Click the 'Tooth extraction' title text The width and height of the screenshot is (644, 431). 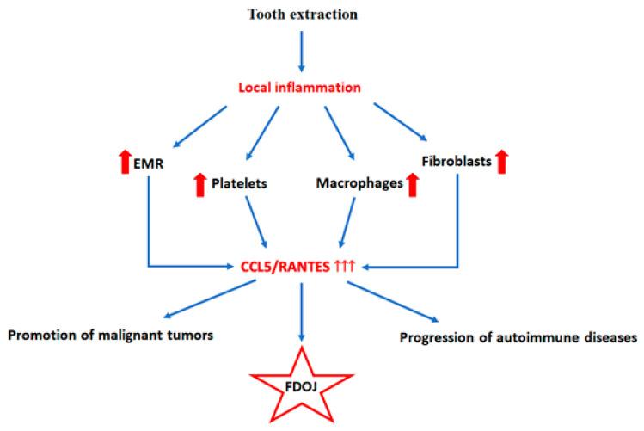point(302,15)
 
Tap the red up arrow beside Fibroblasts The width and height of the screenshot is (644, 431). point(502,160)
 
